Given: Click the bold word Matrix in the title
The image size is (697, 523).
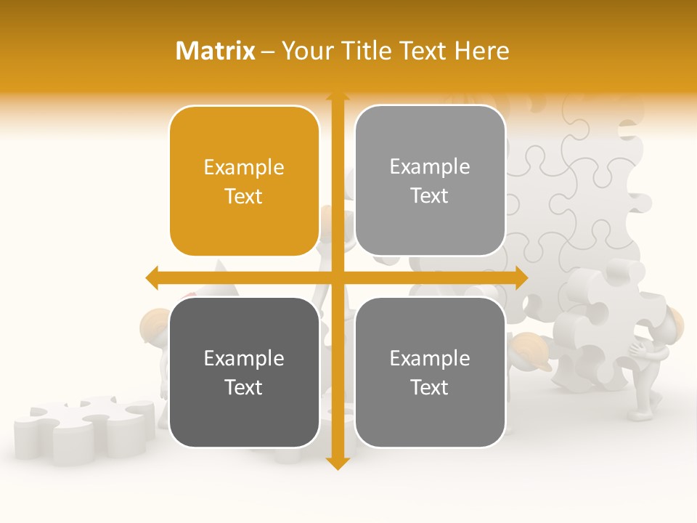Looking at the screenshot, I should pyautogui.click(x=216, y=51).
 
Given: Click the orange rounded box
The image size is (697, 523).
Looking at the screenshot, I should pyautogui.click(x=244, y=181).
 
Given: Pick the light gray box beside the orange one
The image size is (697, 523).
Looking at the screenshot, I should pyautogui.click(x=430, y=180).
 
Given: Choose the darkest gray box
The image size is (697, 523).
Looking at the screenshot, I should pyautogui.click(x=244, y=372).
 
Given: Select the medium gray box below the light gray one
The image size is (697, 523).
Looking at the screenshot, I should pyautogui.click(x=430, y=372).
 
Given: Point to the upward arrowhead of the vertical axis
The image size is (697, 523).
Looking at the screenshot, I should pyautogui.click(x=337, y=97).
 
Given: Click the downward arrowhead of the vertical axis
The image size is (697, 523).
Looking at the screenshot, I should pyautogui.click(x=337, y=463).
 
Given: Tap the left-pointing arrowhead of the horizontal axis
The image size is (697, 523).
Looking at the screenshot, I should pyautogui.click(x=152, y=277).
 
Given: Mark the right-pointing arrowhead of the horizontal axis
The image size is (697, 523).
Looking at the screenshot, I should pyautogui.click(x=521, y=277).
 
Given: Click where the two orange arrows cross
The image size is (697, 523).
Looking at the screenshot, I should pyautogui.click(x=337, y=277).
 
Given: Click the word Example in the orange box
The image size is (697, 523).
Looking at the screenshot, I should pyautogui.click(x=244, y=167).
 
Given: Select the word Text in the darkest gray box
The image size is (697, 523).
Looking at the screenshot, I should pyautogui.click(x=244, y=387).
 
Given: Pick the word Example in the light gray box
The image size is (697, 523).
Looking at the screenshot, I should pyautogui.click(x=430, y=166).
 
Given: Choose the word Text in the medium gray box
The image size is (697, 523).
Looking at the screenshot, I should pyautogui.click(x=430, y=387).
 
